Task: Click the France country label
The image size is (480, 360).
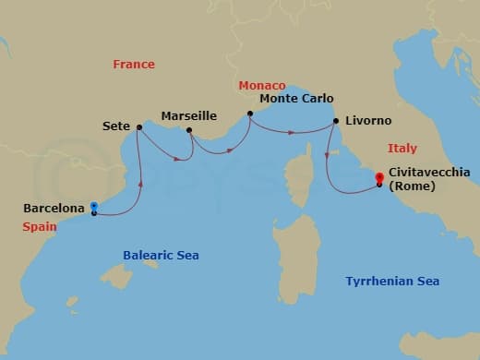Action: coord(134,65)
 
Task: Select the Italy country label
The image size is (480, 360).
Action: coord(402,148)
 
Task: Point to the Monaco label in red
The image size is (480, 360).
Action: coord(262,85)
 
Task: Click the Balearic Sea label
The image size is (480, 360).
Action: coord(162,256)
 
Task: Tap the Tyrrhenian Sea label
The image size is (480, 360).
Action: coord(392,282)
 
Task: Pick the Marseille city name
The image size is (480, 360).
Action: coord(189,116)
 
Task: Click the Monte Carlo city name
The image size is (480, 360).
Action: coord(296,99)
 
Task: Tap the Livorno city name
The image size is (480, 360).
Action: coord(368,121)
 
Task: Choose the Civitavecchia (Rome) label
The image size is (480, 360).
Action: coord(429,178)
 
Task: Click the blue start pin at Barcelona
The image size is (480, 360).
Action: coord(94,207)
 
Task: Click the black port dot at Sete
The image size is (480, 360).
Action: coord(138,127)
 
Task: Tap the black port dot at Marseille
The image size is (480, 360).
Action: coord(189,130)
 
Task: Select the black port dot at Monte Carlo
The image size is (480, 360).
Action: coord(249,114)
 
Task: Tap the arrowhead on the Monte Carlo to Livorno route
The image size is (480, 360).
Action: coord(292,132)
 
